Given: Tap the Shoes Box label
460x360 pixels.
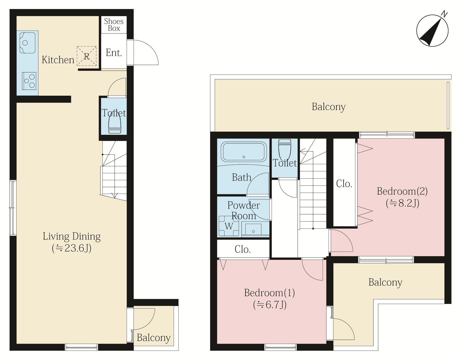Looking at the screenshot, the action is (x=114, y=25).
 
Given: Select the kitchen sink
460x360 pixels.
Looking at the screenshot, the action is (x=28, y=43).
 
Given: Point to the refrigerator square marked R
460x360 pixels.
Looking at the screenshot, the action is (x=86, y=56).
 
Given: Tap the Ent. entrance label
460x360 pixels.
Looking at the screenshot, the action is (x=114, y=53).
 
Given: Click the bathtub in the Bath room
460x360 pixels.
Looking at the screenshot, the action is (x=244, y=152).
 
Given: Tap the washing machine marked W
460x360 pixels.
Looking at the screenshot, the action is (x=229, y=226).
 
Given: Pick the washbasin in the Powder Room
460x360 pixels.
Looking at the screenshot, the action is (x=253, y=229).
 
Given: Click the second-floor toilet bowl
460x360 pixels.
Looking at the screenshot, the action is (x=285, y=149).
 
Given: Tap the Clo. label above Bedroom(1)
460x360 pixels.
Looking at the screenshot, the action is (x=243, y=249).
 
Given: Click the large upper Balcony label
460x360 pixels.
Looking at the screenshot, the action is (x=329, y=107).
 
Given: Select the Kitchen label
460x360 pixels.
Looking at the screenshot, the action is (x=58, y=60).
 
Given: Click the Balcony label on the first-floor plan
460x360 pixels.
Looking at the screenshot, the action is (x=153, y=338).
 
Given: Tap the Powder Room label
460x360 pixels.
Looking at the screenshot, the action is (x=244, y=211).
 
